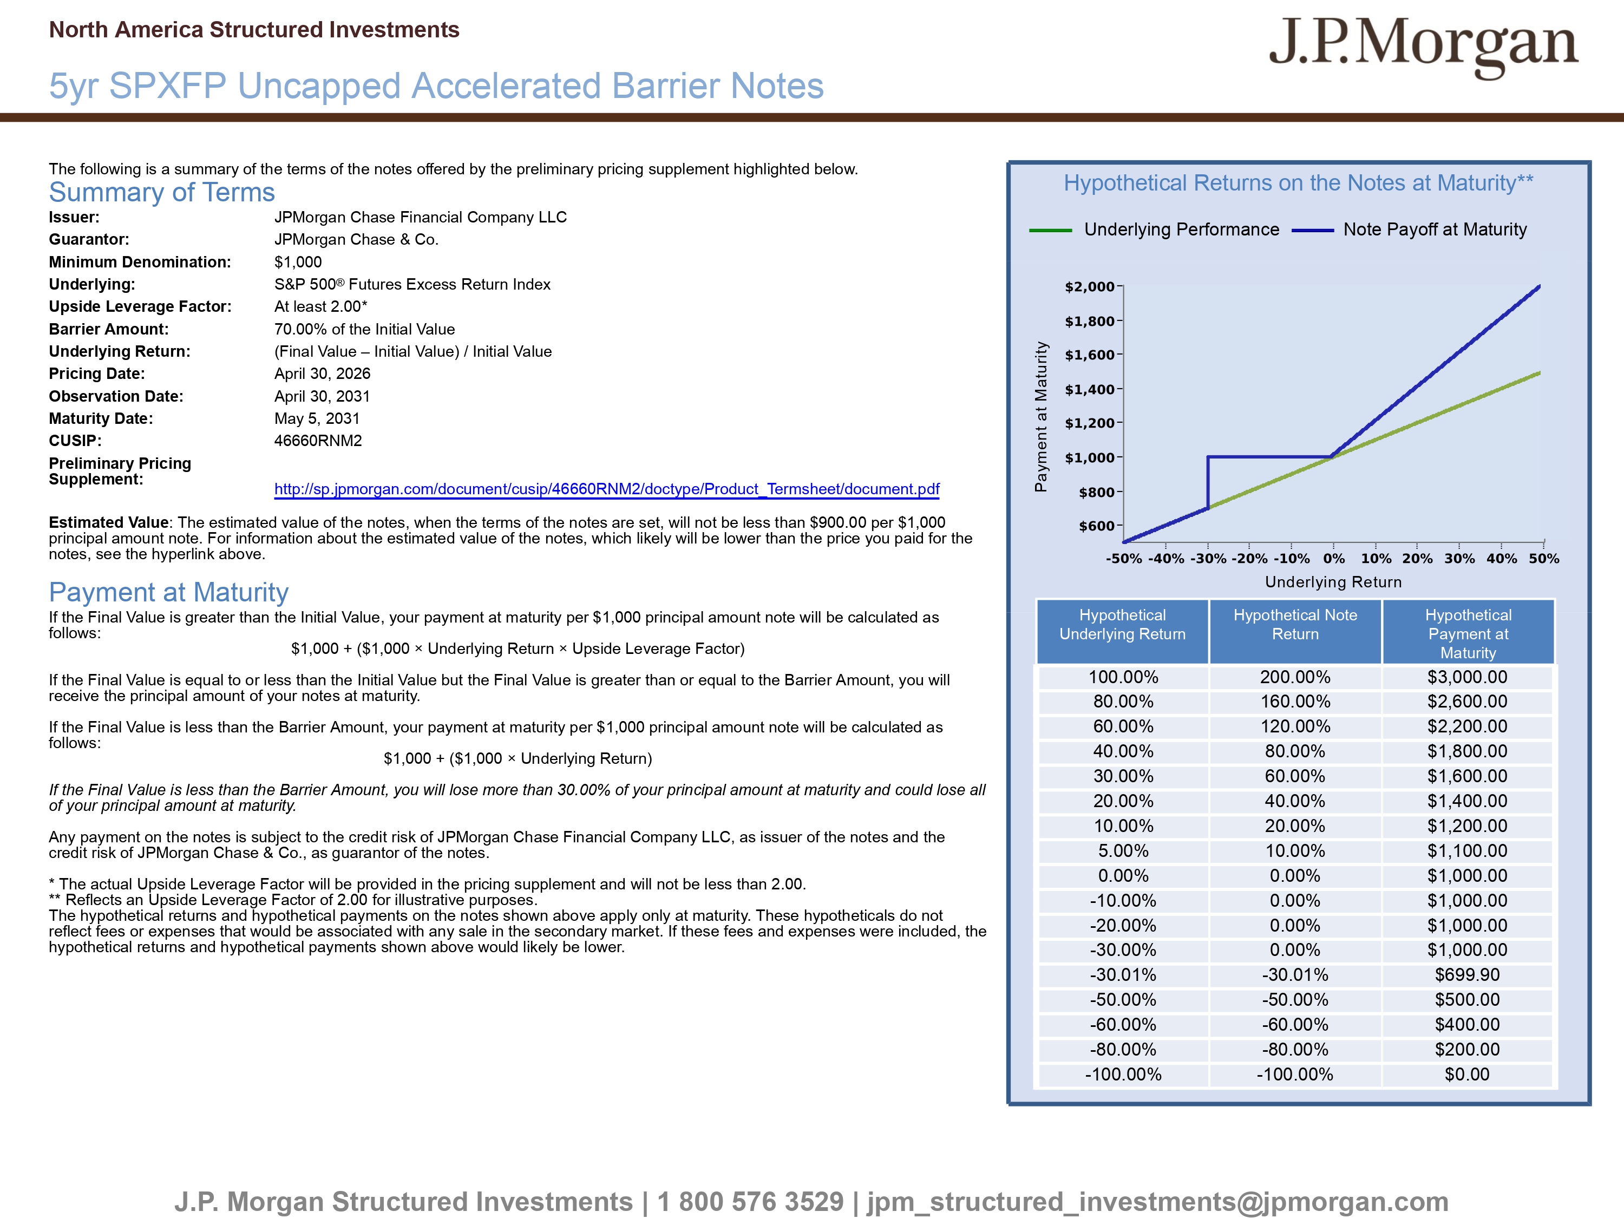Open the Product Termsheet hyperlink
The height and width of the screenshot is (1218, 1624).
[x=606, y=489]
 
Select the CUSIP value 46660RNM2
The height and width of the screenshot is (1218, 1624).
[x=318, y=441]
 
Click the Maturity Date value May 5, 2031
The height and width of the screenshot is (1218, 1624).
[x=317, y=418]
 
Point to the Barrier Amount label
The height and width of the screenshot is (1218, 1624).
[x=109, y=329]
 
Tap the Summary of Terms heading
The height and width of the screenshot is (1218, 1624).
[x=161, y=192]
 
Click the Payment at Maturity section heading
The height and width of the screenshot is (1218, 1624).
[x=168, y=592]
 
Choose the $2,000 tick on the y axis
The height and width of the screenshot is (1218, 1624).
[x=1090, y=287]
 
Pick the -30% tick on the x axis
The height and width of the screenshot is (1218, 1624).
[x=1208, y=559]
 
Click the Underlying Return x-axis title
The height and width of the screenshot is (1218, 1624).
[x=1333, y=582]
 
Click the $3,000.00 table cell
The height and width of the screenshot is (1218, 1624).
[x=1467, y=677]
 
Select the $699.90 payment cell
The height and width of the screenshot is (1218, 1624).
[x=1467, y=975]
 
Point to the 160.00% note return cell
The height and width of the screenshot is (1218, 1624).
[x=1295, y=702]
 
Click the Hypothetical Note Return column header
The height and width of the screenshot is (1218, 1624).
[x=1295, y=625]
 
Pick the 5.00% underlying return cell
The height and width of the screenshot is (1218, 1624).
[x=1123, y=851]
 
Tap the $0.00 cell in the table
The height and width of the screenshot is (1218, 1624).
[x=1467, y=1075]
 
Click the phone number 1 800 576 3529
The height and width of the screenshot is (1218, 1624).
[x=750, y=1202]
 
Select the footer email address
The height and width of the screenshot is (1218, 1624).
[x=1157, y=1202]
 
